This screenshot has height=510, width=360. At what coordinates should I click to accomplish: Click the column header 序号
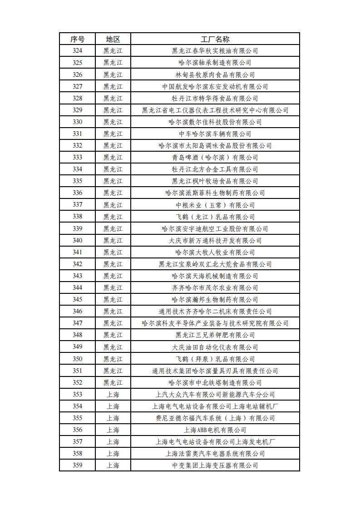point(77,39)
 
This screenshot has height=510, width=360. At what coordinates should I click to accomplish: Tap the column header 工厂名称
point(215,39)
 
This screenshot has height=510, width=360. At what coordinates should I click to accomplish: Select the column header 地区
point(113,39)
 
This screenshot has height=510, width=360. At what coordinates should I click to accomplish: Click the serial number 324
point(77,51)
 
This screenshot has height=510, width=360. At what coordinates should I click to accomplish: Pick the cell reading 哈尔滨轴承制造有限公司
point(215,63)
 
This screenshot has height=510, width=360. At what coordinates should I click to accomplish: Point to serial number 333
point(77,158)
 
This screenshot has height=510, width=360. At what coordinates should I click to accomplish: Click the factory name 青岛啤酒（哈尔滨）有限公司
point(215,158)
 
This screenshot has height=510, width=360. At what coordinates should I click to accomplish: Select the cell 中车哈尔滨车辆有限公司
point(215,134)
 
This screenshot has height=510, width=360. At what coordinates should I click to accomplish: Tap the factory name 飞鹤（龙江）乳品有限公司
point(215,217)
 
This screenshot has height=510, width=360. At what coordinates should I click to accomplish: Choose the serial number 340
point(77,240)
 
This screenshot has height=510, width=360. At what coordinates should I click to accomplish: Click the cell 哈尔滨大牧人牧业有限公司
point(215,252)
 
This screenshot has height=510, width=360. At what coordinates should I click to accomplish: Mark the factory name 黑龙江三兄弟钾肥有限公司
point(215,335)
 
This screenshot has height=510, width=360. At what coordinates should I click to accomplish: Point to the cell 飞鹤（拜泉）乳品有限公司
point(215,359)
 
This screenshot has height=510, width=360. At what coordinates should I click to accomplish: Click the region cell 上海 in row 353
point(113,394)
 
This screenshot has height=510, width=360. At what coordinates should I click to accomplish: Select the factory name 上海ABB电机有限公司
point(215,430)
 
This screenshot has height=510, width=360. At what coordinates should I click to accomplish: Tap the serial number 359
point(77,465)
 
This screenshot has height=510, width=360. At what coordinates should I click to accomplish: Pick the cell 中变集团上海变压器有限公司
point(215,465)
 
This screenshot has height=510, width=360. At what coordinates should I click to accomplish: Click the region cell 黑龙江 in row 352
point(113,382)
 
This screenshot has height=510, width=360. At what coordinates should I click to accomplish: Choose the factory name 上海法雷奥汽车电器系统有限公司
point(215,453)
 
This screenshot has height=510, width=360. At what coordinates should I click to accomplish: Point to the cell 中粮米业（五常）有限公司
point(215,205)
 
